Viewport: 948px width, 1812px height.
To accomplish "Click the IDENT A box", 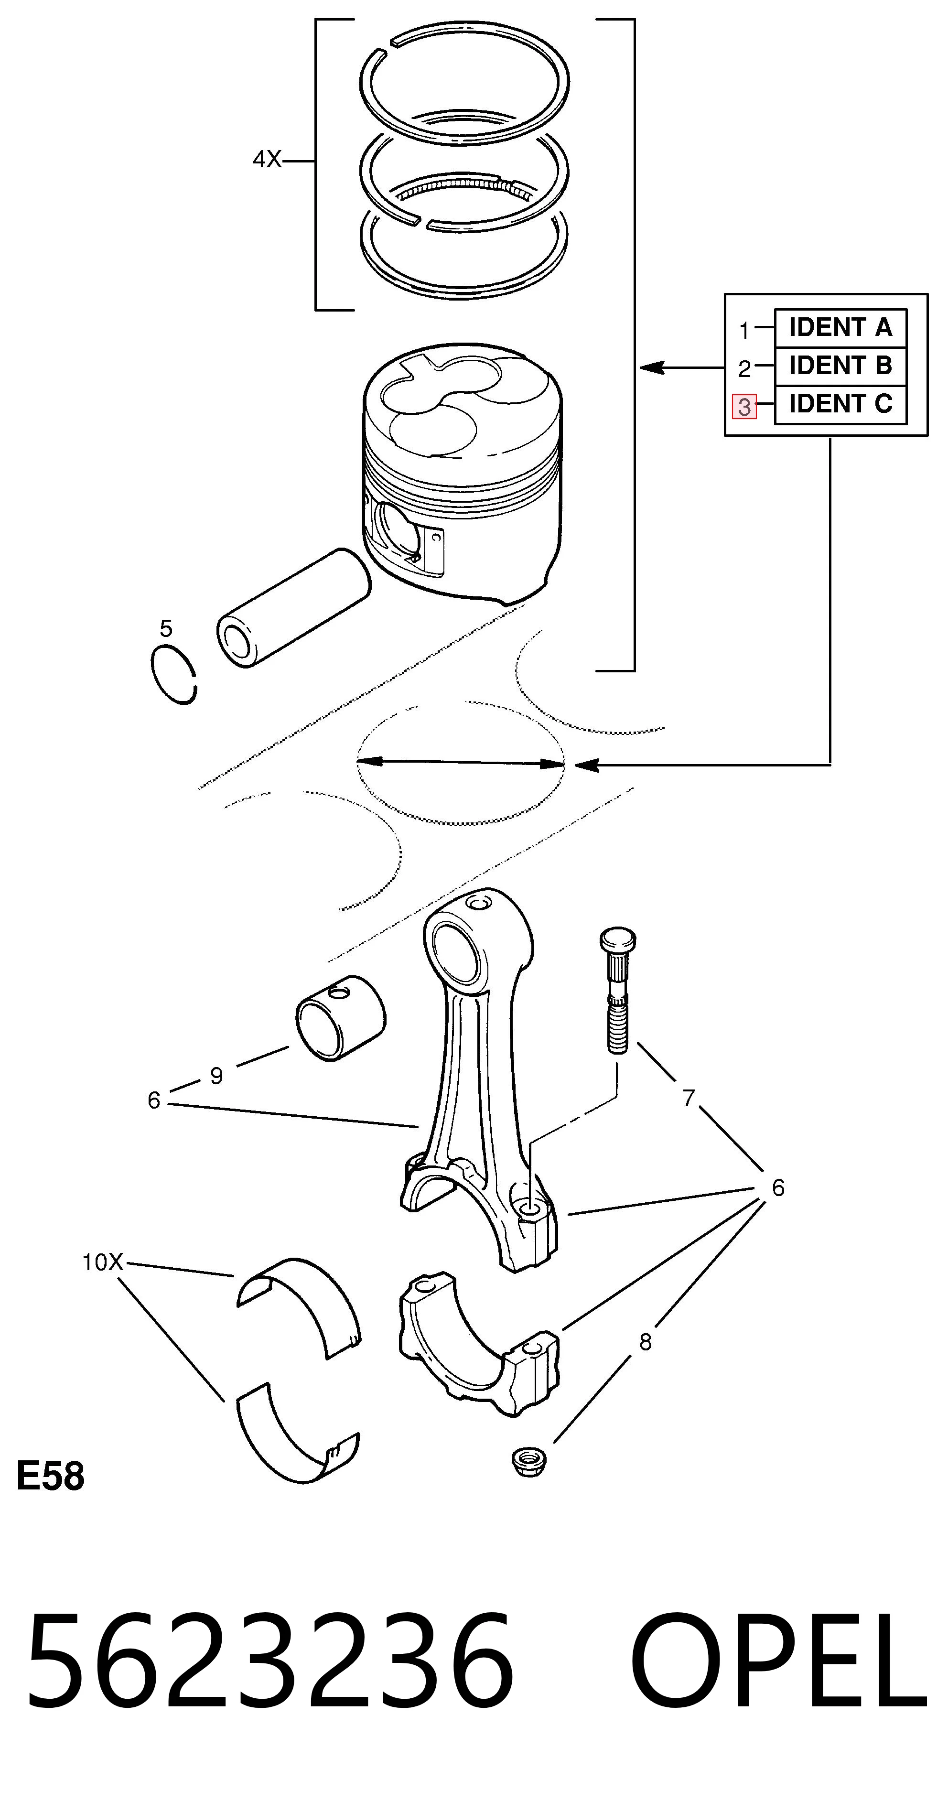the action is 840,328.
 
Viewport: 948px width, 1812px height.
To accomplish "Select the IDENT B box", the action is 840,366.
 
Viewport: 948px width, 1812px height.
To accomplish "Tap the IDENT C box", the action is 840,404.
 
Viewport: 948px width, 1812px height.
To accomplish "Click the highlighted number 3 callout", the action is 744,407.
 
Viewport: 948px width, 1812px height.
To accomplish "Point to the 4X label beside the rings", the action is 267,161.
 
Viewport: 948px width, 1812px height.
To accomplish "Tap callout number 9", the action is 216,1076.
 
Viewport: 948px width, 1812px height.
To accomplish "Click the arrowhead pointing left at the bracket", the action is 651,367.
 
